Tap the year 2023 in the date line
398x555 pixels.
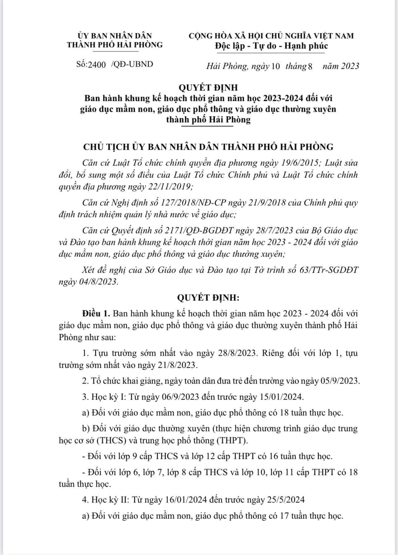coord(350,66)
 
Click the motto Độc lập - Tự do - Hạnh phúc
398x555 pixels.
coord(271,46)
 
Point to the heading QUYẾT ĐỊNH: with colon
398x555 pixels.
coord(208,298)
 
